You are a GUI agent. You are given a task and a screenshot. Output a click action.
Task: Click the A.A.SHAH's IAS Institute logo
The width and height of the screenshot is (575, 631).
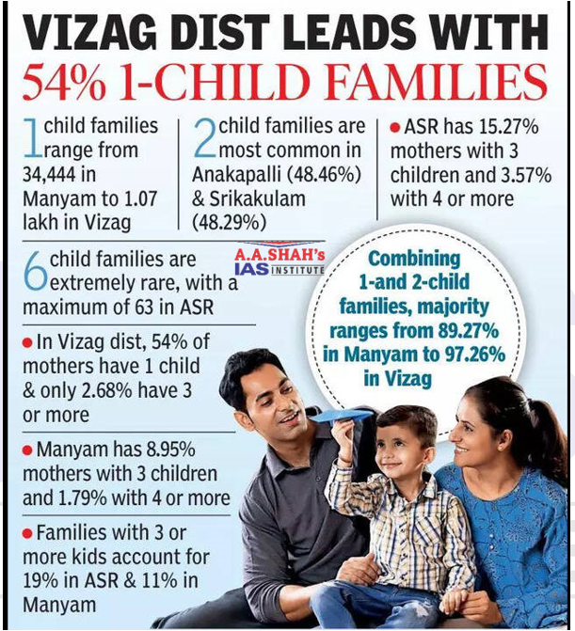280,262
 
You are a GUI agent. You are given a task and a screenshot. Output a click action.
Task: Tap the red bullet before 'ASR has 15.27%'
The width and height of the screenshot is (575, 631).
396,127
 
